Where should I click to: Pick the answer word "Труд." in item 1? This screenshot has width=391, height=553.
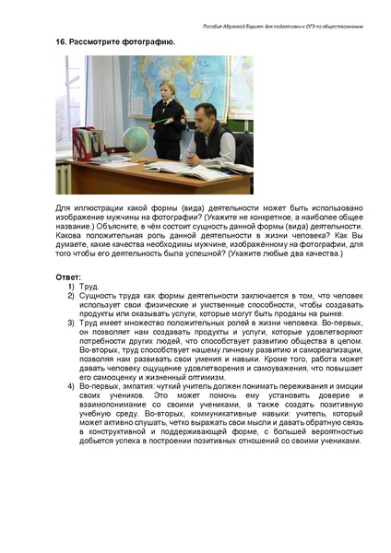click(x=90, y=287)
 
